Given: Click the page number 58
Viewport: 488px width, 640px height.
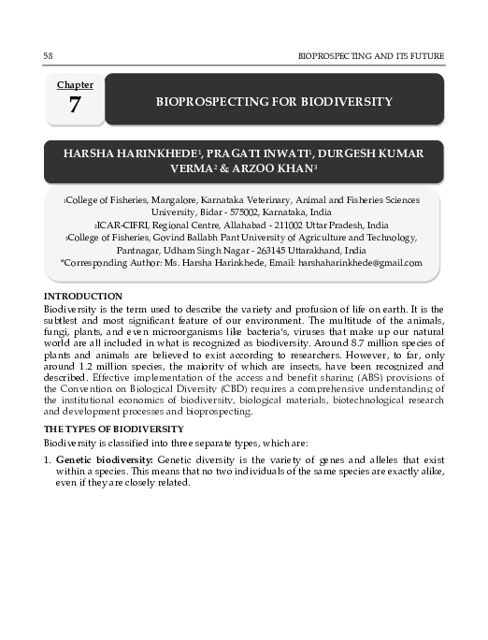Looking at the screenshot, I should tap(48, 57).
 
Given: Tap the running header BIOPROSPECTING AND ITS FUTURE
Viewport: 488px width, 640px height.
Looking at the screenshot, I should tap(370, 57).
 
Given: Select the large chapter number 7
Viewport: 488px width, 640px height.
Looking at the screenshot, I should tap(74, 106).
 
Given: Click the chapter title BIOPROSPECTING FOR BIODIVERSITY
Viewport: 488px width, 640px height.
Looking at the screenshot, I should tap(274, 101).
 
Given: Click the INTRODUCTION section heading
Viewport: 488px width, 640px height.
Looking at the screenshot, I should tap(83, 296).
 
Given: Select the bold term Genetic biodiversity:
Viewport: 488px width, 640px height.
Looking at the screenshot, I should tap(105, 461).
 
